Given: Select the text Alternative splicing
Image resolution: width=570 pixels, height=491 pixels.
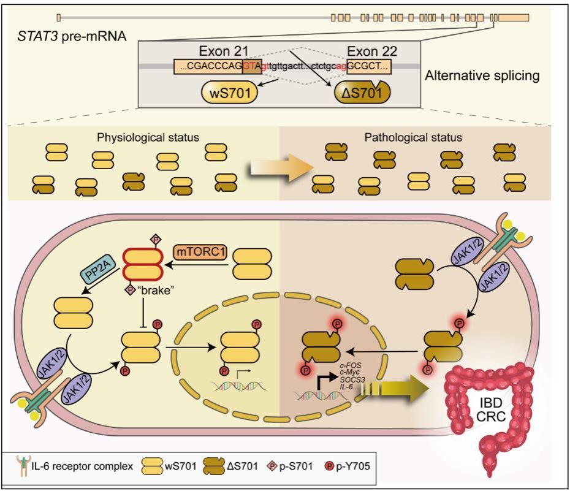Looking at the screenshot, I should coord(482,77).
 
